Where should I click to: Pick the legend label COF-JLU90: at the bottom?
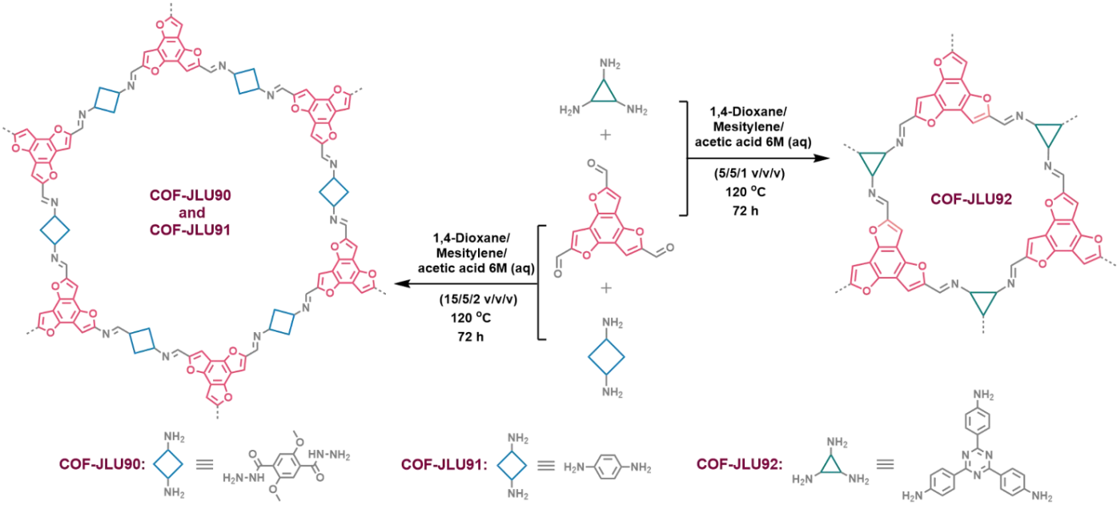(102, 463)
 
